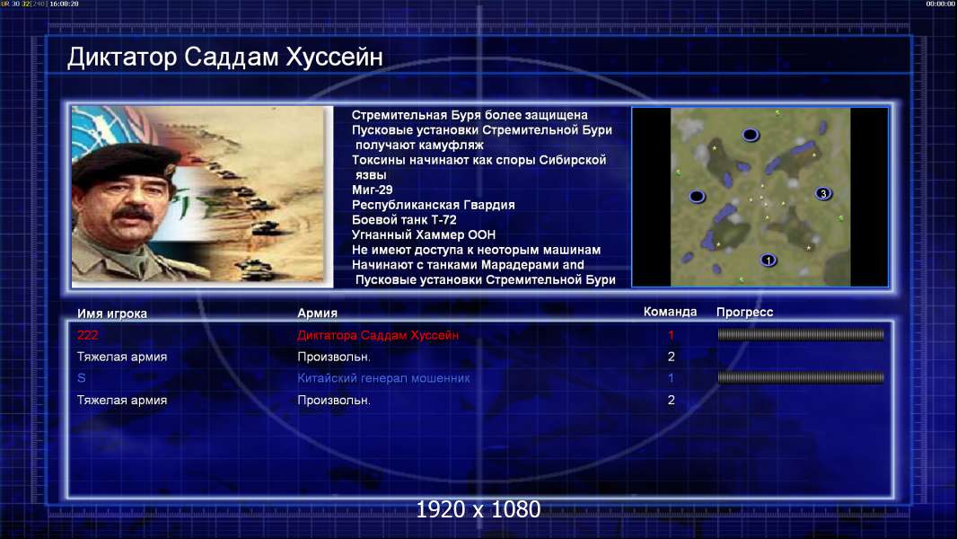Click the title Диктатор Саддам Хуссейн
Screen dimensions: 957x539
[225, 57]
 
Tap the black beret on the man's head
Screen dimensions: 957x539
[125, 162]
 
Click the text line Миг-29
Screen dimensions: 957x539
[373, 190]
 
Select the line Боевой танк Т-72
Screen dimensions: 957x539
[404, 220]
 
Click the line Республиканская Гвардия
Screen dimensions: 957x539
[434, 205]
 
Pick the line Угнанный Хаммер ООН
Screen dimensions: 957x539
[424, 235]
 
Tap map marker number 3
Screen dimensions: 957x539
[823, 193]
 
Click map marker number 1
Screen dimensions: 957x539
[768, 260]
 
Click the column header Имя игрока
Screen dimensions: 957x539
[112, 314]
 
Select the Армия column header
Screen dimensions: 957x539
[318, 313]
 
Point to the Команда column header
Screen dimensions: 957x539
[670, 312]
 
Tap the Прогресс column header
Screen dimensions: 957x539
[744, 312]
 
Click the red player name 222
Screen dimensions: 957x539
[87, 335]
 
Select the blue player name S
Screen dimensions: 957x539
[81, 378]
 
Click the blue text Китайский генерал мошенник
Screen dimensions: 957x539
[383, 378]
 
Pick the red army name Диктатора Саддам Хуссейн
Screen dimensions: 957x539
[378, 335]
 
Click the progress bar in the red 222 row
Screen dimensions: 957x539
[801, 334]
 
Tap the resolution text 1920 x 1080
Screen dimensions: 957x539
[478, 509]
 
